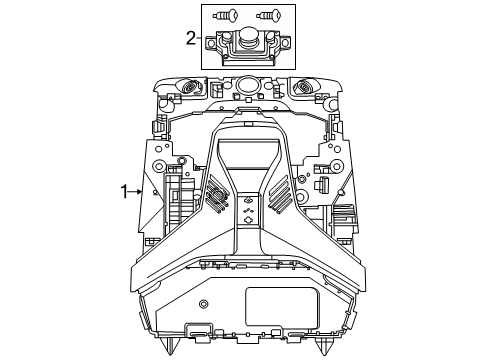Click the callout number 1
tap(124, 192)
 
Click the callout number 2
tap(191, 38)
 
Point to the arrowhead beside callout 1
tap(140, 192)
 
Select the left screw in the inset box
tap(226, 15)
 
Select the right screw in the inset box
tap(269, 15)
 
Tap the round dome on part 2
tap(247, 35)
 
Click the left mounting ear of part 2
tap(211, 42)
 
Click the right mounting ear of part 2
tap(285, 42)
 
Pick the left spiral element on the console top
tap(191, 87)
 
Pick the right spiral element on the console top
tap(304, 87)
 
